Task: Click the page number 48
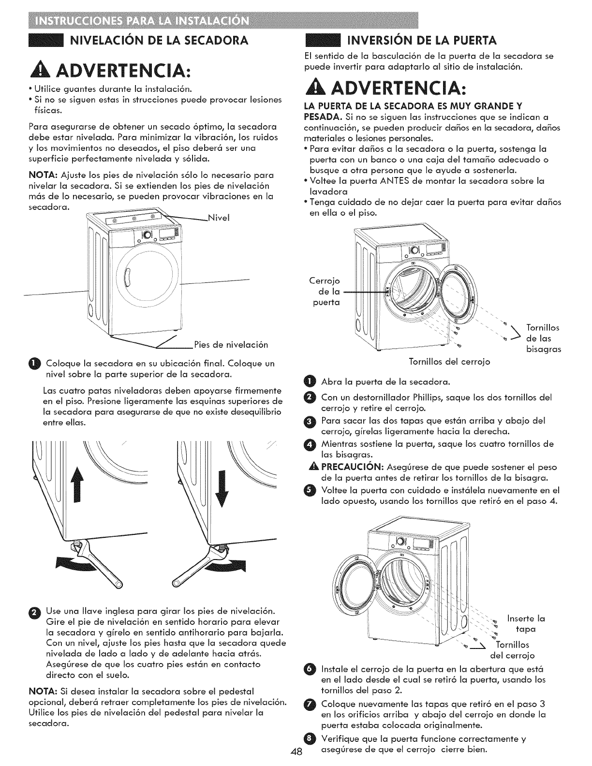[x=296, y=751]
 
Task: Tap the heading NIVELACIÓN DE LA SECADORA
[x=160, y=40]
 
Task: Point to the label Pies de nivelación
[x=230, y=345]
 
